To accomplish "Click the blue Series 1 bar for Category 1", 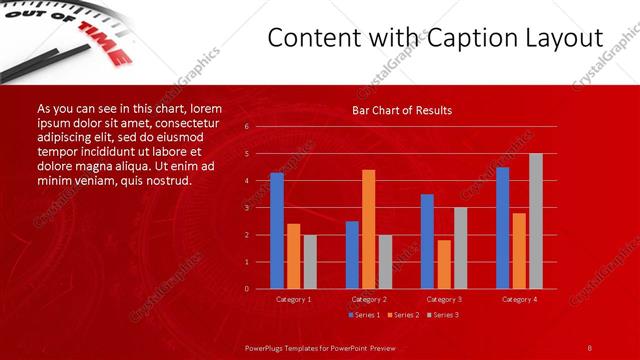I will (x=277, y=231).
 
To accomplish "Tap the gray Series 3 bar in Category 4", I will (x=535, y=221).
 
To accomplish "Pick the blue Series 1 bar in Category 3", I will (x=427, y=241).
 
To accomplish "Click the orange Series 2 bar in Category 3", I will (x=444, y=264).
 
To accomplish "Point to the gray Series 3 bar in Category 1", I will (x=310, y=261).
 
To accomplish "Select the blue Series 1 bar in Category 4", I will (x=502, y=228).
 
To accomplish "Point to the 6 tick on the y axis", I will (x=246, y=127).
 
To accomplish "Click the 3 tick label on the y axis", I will (x=246, y=208).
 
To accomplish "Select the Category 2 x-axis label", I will (x=369, y=299).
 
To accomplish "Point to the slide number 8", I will (x=589, y=346).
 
